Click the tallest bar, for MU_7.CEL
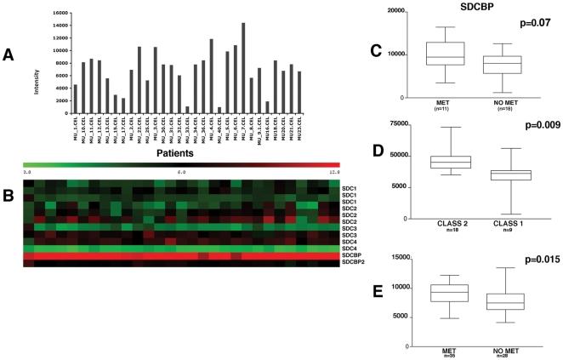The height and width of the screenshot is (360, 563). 243,60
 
